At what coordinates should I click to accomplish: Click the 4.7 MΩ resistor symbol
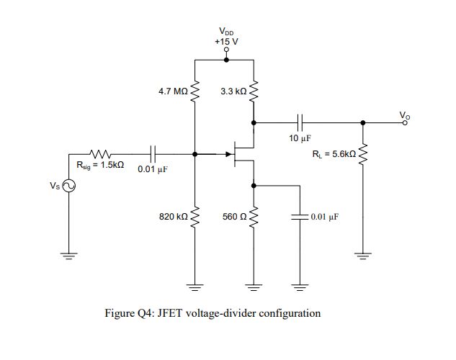coord(195,91)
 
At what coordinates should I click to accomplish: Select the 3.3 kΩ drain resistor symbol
coord(254,91)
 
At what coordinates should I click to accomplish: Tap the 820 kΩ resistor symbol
coord(195,216)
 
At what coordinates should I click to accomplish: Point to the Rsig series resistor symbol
coord(99,153)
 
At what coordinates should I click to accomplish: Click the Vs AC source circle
coord(69,186)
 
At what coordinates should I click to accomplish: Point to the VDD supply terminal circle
coord(226,49)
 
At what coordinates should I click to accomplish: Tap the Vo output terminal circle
coord(405,122)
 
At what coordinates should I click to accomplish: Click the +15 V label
coord(226,40)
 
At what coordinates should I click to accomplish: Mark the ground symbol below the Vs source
coord(69,255)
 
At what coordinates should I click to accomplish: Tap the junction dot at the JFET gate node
coord(195,153)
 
